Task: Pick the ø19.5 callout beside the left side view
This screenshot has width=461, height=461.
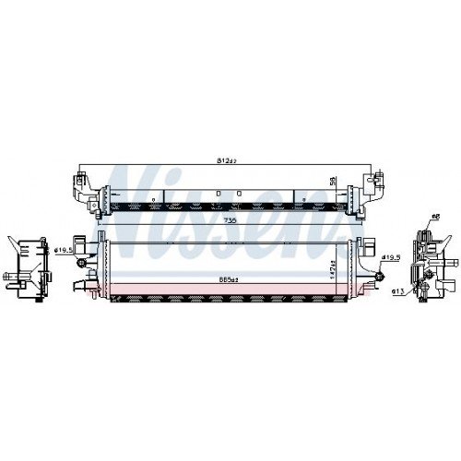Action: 63,248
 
